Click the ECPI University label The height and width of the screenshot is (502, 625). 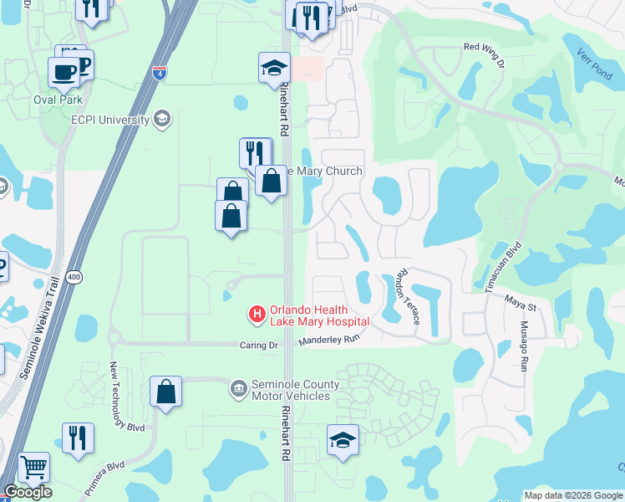[x=110, y=120]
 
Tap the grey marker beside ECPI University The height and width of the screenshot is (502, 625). [x=163, y=120]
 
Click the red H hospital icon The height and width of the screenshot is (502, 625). [x=257, y=315]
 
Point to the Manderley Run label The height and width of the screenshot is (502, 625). [x=330, y=341]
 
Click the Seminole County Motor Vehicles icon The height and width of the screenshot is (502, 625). [x=239, y=389]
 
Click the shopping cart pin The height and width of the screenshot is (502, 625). [x=33, y=468]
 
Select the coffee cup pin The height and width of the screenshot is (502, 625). [x=64, y=72]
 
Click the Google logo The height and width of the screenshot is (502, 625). [x=28, y=492]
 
